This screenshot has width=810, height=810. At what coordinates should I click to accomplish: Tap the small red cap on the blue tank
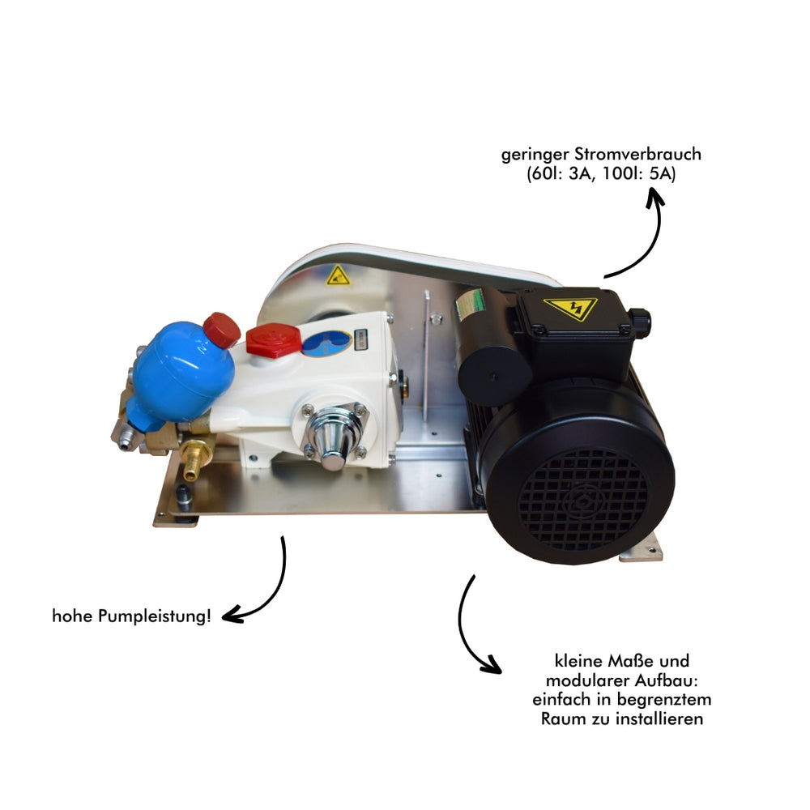(221, 330)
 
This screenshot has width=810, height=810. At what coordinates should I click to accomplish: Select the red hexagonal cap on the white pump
(274, 340)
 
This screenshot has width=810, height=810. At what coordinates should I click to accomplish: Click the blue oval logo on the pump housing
(326, 343)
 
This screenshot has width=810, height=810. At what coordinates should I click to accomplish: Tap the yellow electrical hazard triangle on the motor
(569, 309)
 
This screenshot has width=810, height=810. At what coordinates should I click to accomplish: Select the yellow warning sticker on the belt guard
(338, 275)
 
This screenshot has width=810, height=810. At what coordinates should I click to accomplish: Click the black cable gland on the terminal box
(640, 322)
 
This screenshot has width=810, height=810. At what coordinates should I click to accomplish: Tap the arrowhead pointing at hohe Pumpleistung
(230, 616)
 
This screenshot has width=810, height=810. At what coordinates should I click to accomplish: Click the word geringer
(530, 154)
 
